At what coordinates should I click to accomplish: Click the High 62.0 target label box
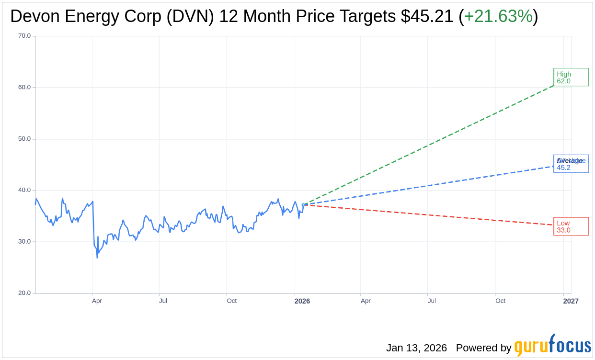pyautogui.click(x=571, y=77)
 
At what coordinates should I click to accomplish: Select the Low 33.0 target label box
pyautogui.click(x=571, y=226)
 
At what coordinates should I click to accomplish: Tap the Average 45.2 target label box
pyautogui.click(x=571, y=164)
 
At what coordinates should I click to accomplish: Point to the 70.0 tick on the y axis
pyautogui.click(x=24, y=36)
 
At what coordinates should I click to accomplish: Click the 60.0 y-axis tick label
pyautogui.click(x=24, y=87)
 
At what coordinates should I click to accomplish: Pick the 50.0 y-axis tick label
pyautogui.click(x=24, y=139)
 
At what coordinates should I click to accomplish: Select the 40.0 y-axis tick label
pyautogui.click(x=24, y=190)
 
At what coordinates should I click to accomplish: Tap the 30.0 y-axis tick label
pyautogui.click(x=24, y=241)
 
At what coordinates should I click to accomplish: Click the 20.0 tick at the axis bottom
pyautogui.click(x=24, y=293)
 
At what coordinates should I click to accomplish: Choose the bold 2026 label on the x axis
pyautogui.click(x=302, y=301)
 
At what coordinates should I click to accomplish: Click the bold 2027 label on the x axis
pyautogui.click(x=571, y=301)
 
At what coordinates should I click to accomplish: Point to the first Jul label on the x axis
pyautogui.click(x=163, y=301)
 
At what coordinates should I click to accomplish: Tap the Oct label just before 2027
pyautogui.click(x=500, y=301)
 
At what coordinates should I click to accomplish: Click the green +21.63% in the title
pyautogui.click(x=498, y=16)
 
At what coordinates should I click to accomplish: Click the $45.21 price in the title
pyautogui.click(x=427, y=16)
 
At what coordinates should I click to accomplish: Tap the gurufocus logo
pyautogui.click(x=552, y=346)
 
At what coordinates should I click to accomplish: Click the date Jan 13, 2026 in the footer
pyautogui.click(x=416, y=348)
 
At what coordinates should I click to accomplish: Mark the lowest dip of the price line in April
pyautogui.click(x=97, y=258)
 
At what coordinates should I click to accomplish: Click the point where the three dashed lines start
pyautogui.click(x=303, y=205)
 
